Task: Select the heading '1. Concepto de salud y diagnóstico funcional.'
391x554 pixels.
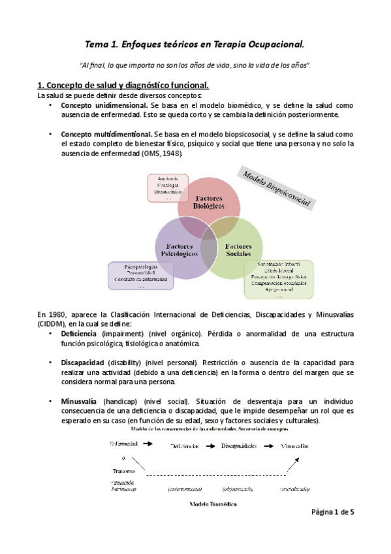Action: (123, 85)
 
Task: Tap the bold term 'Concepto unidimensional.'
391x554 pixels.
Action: (104, 105)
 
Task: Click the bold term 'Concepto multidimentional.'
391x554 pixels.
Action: (106, 134)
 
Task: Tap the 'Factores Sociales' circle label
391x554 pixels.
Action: (238, 250)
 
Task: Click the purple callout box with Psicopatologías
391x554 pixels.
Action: (141, 276)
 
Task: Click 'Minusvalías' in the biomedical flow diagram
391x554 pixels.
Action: (292, 446)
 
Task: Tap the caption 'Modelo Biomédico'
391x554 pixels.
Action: (213, 504)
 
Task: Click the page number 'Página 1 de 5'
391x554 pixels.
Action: (332, 512)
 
